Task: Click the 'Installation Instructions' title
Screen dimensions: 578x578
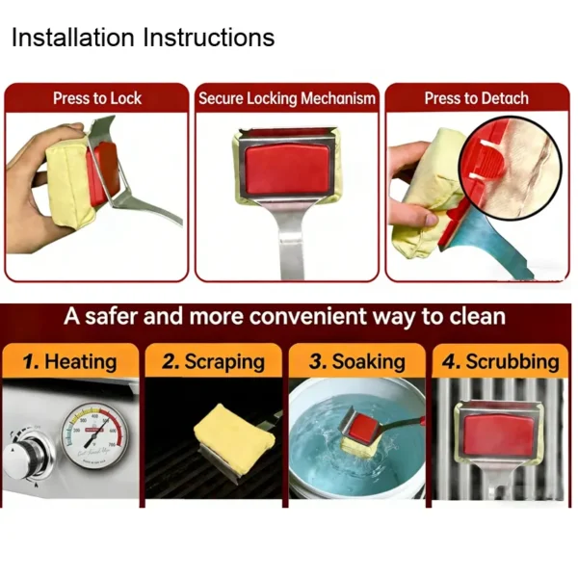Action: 143,39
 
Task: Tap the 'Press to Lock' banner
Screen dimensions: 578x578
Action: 96,98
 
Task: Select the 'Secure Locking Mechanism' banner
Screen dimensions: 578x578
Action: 287,98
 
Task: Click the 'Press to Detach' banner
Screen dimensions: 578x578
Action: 477,98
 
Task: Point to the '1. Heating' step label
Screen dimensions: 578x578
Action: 69,362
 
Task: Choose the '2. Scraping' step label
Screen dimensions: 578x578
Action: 213,362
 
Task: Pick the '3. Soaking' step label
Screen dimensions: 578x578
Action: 357,362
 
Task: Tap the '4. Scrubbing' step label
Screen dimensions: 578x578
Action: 501,362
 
